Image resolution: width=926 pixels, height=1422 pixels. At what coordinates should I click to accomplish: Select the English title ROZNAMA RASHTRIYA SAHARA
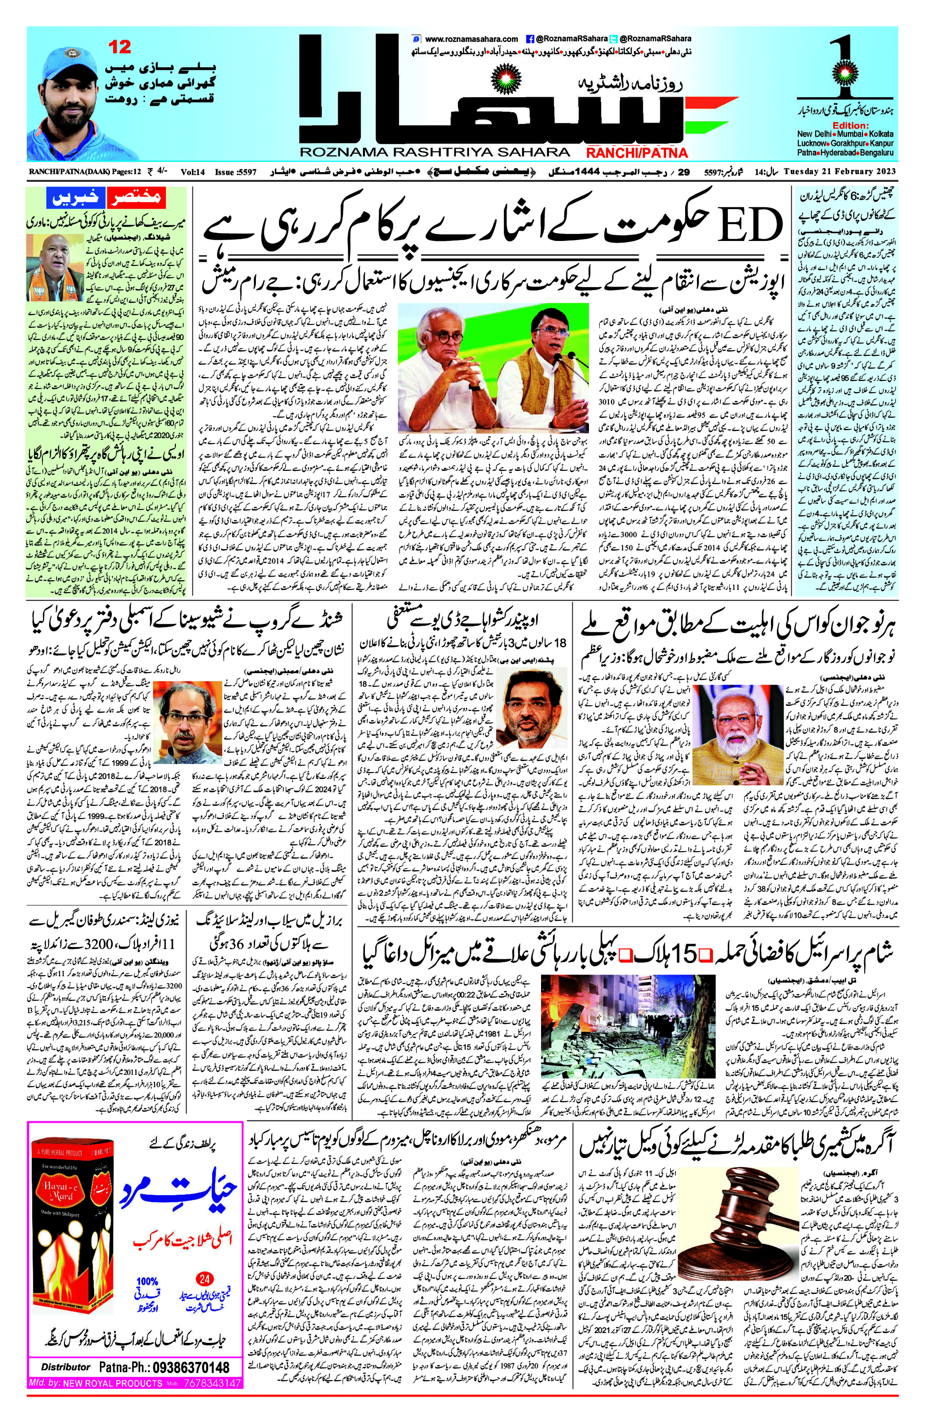point(434,153)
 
